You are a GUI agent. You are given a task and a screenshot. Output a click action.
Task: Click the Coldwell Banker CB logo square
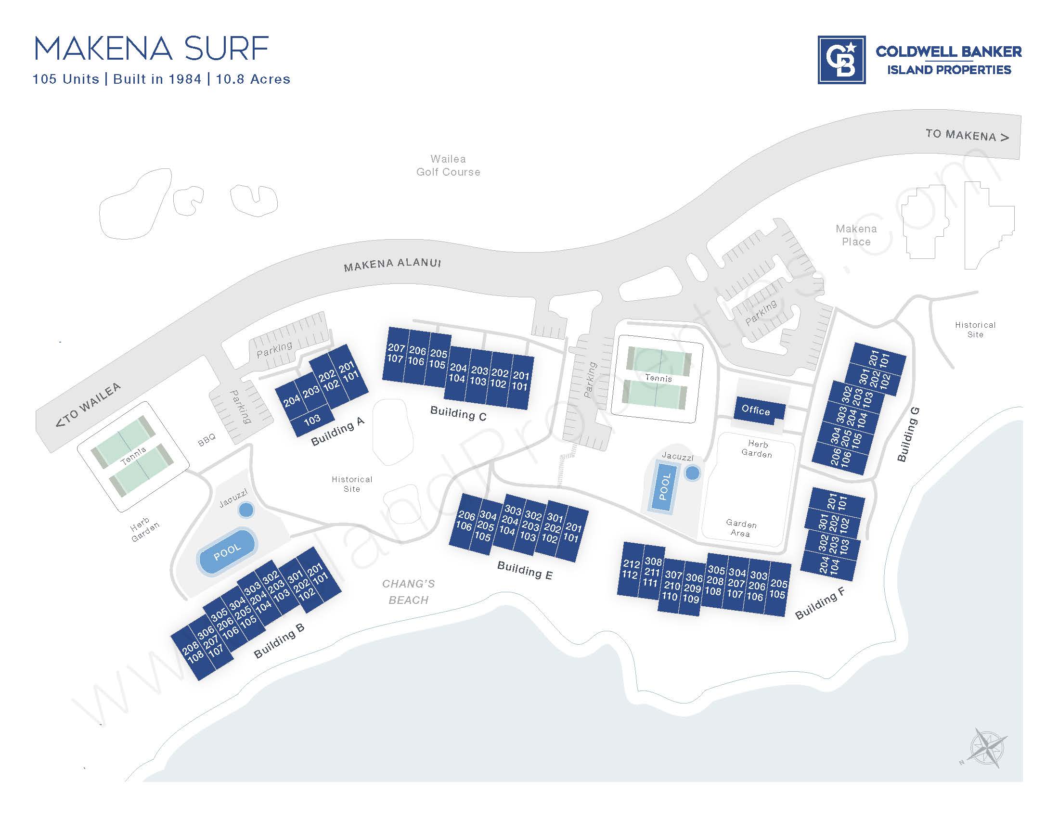841,60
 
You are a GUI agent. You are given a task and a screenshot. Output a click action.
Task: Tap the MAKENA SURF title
151,49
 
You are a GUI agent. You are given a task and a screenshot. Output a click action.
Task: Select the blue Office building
755,410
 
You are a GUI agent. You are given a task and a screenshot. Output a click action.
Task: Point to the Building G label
908,434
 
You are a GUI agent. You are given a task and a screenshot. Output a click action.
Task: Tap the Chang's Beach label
408,592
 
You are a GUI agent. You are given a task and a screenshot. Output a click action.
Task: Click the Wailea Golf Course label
448,165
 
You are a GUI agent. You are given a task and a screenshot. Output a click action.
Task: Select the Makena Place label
856,235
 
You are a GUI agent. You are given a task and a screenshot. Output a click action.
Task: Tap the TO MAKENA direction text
967,135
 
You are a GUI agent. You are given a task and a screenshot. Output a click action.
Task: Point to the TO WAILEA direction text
88,405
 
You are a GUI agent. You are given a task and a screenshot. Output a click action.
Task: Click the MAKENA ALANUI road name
392,265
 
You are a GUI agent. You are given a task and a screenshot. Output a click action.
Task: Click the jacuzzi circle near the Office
692,473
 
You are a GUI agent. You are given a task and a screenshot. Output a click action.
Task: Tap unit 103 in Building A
312,419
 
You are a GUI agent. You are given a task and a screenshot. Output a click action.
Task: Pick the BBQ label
207,440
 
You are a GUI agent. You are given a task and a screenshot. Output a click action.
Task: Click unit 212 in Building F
632,564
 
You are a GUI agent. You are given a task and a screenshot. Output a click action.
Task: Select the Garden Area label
741,528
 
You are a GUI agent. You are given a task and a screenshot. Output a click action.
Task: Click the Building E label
525,570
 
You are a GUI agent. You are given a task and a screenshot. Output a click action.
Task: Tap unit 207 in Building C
396,347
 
